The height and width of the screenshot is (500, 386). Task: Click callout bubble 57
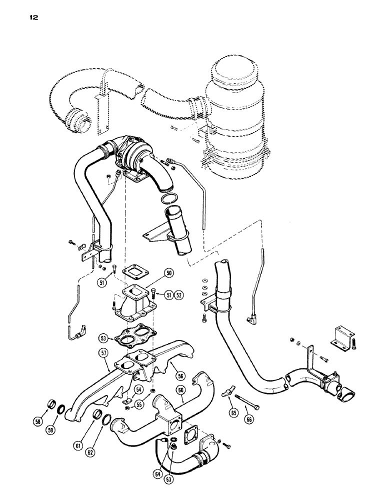103,353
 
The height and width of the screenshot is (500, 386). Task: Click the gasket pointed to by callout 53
131,336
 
